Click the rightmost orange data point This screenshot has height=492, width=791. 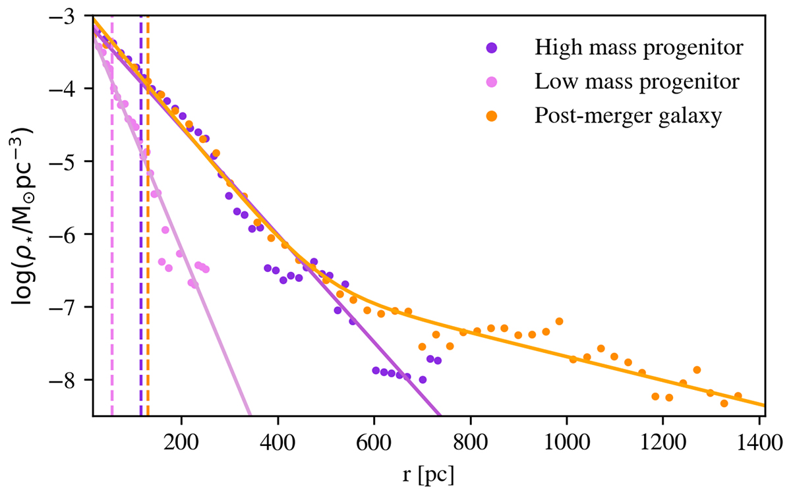coord(738,396)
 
